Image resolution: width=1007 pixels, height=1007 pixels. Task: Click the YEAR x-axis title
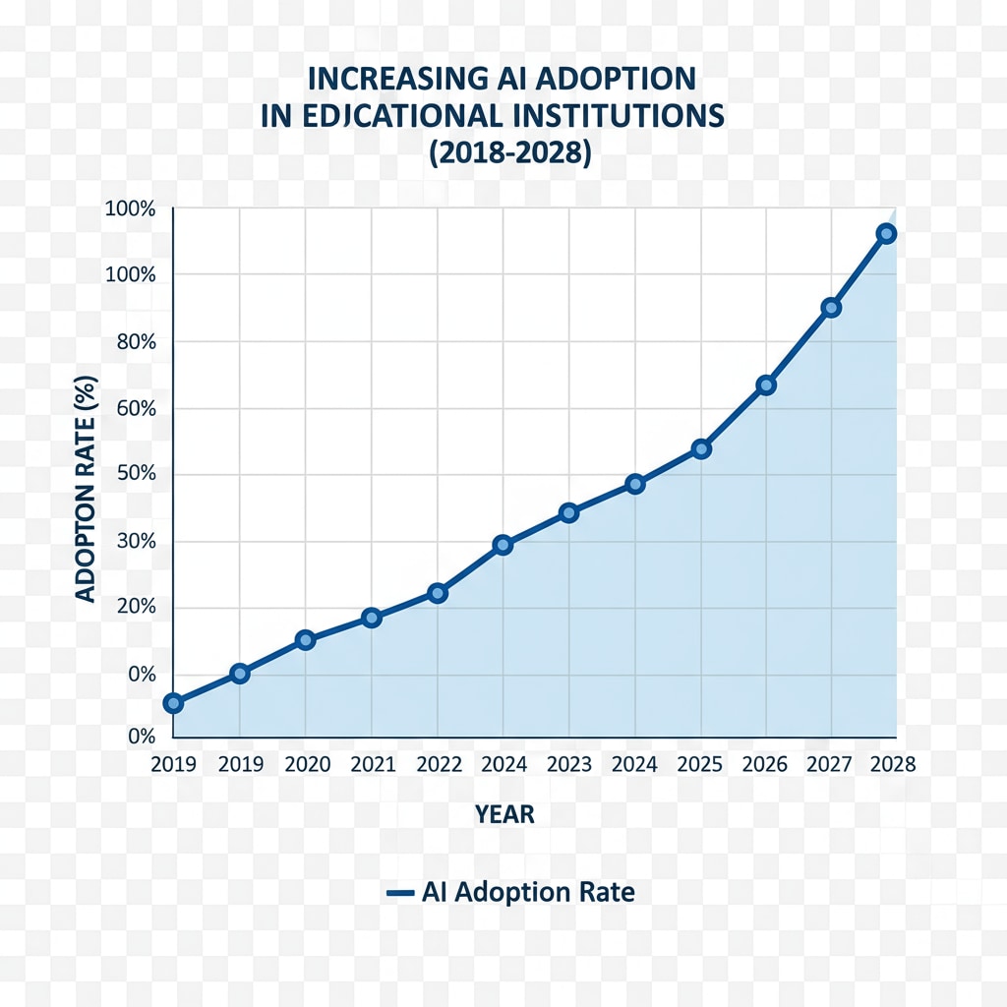[x=504, y=814]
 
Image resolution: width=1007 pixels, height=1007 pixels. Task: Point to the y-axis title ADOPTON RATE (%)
[x=86, y=488]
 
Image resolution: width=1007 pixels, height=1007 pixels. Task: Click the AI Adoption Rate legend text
[x=528, y=893]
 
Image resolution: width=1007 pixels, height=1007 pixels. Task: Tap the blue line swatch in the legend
[x=398, y=894]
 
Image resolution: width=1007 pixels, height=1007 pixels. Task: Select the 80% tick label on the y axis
[x=135, y=342]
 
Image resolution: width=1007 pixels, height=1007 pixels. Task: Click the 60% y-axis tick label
[x=135, y=409]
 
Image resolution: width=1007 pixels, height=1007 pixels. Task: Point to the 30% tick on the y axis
[x=135, y=542]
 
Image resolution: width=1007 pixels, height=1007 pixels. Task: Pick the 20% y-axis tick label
[x=135, y=608]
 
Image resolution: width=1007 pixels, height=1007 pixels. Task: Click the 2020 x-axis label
[x=305, y=765]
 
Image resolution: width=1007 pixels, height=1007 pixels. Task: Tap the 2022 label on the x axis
[x=438, y=765]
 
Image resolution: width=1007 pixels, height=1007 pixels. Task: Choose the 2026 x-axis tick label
[x=765, y=765]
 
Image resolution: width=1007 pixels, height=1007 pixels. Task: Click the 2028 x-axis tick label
[x=892, y=765]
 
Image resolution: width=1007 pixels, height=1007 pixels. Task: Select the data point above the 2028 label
[x=886, y=233]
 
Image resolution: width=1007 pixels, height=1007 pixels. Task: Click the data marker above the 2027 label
[x=831, y=308]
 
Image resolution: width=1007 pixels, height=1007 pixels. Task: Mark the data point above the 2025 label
[x=701, y=448]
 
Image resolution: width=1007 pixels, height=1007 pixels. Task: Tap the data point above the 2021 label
[x=371, y=618]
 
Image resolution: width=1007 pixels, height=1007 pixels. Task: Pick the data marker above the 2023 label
[x=568, y=512]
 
